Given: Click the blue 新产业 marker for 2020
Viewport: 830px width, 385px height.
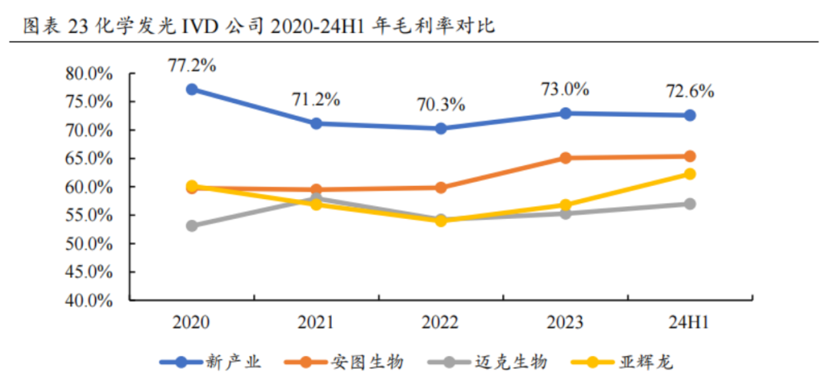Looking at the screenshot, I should click(191, 89).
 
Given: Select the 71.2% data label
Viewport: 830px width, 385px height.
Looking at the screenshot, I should click(315, 99).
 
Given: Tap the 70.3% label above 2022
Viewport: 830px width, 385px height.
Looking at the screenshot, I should click(440, 105).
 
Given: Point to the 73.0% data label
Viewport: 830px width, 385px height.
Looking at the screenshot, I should click(565, 88).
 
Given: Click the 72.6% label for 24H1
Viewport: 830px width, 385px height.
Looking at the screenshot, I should click(689, 91).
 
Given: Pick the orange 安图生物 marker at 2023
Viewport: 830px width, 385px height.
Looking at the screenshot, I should click(565, 158).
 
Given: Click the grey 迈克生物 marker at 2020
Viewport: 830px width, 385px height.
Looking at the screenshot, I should click(191, 226).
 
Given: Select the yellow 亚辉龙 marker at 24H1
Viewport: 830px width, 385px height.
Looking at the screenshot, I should click(689, 174).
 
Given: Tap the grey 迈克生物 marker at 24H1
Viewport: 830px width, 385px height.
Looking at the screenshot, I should click(689, 204).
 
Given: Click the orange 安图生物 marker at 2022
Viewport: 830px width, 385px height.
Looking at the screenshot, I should click(440, 188).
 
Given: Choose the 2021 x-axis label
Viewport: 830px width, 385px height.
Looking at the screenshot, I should click(315, 322).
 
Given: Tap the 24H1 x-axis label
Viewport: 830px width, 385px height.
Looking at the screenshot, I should click(689, 322).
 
